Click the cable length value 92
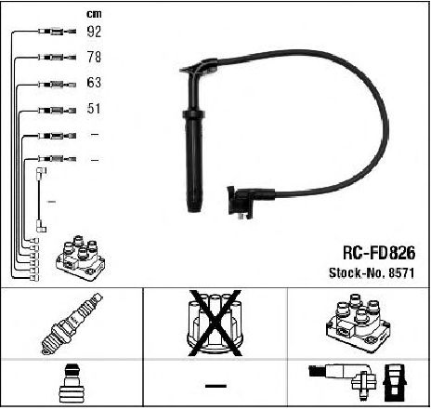(x=94, y=32)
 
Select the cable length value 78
(x=94, y=57)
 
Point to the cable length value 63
(x=94, y=83)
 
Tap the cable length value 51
(x=94, y=109)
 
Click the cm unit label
(x=94, y=14)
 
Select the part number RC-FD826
(x=379, y=253)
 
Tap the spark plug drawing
(x=72, y=324)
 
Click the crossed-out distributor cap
(x=215, y=323)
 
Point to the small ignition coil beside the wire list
(x=80, y=258)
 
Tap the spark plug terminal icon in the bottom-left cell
(x=72, y=383)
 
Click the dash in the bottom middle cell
(x=215, y=386)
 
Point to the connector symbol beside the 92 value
(x=57, y=32)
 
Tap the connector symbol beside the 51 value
(x=57, y=110)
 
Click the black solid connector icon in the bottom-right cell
(x=394, y=383)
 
